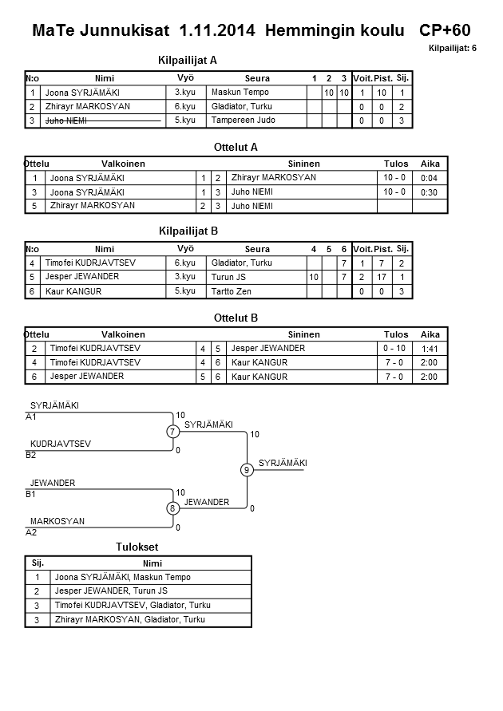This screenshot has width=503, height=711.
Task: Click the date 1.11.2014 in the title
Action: [x=218, y=31]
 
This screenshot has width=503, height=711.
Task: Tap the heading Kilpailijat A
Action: [x=188, y=60]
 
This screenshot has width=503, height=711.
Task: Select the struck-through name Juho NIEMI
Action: [x=66, y=120]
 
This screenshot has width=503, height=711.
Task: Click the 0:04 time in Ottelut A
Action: [x=429, y=178]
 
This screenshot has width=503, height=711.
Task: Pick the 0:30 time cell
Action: [x=429, y=192]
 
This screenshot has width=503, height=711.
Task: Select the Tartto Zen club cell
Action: [x=232, y=291]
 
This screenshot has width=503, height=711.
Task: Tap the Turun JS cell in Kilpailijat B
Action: [x=229, y=277]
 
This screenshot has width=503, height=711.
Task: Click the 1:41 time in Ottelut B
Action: [x=430, y=349]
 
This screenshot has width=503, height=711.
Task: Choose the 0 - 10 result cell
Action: [x=395, y=349]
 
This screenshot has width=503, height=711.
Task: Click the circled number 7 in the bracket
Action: [x=172, y=432]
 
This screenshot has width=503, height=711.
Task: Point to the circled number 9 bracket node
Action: [x=248, y=470]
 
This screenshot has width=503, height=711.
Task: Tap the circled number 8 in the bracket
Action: [x=172, y=508]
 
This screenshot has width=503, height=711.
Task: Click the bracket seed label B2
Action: [x=31, y=455]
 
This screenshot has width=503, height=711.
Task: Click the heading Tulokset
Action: [x=137, y=547]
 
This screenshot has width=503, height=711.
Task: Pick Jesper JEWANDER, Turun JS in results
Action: [x=111, y=591]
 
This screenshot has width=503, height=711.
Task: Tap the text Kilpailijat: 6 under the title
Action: [x=453, y=49]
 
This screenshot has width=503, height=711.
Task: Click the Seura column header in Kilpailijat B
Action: [x=257, y=249]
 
